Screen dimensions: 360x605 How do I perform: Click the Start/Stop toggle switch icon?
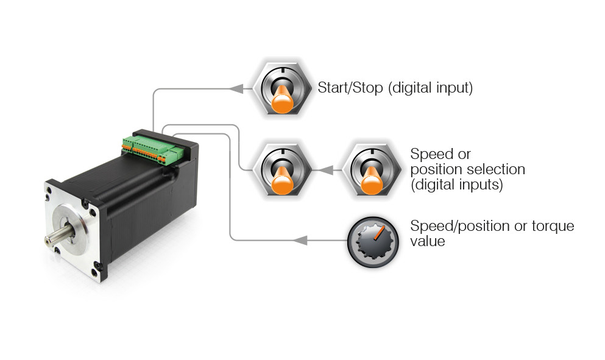point(282,88)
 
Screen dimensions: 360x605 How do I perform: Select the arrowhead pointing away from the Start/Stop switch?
point(237,88)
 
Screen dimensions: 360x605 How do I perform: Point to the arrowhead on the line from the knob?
point(299,240)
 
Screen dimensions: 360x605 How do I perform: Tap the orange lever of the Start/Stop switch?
point(281,101)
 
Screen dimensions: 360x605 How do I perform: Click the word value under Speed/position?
point(428,241)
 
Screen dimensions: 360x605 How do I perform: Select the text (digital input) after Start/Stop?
point(430,88)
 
